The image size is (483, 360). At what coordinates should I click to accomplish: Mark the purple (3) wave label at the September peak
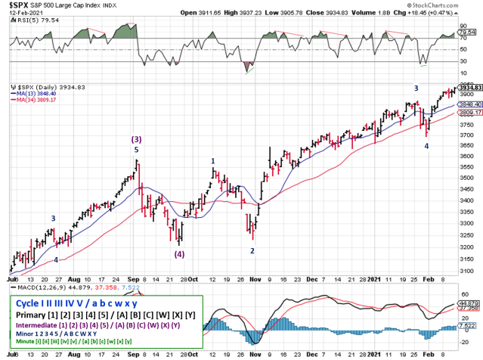[136, 139]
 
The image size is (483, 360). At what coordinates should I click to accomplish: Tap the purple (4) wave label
[180, 254]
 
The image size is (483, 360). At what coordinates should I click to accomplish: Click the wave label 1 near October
[213, 161]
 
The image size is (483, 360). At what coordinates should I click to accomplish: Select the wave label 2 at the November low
[252, 250]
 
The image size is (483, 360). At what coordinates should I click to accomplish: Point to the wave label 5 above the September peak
[136, 150]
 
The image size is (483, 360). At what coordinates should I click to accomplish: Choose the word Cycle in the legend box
[26, 302]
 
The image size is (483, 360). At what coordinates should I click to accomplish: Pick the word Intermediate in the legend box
[35, 324]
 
